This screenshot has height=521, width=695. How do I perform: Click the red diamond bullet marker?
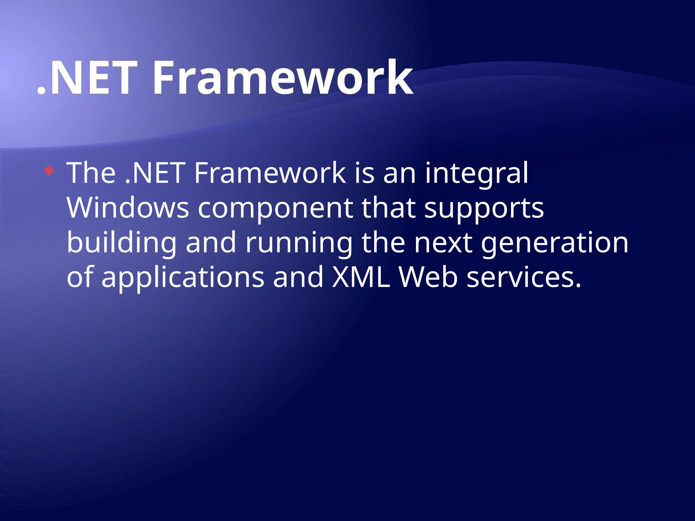click(x=49, y=170)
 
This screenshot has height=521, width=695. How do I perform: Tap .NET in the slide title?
click(x=88, y=79)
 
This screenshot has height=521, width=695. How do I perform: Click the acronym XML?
click(x=361, y=277)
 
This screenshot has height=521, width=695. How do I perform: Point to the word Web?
click(x=428, y=277)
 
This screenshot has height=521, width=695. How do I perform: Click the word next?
click(x=443, y=243)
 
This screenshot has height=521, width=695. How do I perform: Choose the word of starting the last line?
click(x=79, y=277)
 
